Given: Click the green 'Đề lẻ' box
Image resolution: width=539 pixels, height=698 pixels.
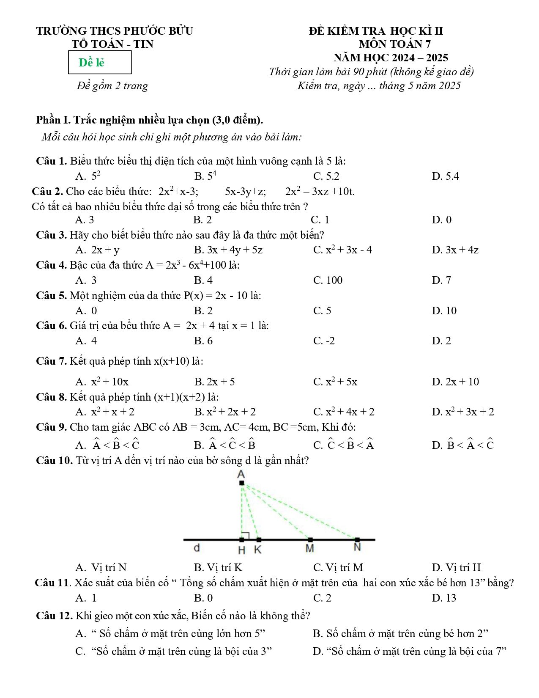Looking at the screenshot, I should coord(100,63).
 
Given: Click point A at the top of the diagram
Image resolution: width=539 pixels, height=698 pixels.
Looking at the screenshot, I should coord(241,483).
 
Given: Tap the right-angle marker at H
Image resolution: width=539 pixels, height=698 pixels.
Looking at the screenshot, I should coord(245,536).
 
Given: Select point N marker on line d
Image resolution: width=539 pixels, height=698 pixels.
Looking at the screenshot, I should coord(357,540).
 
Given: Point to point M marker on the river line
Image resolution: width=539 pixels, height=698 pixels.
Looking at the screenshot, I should coord(310,540).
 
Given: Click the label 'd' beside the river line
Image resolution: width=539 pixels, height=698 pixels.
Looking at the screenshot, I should coord(197,548).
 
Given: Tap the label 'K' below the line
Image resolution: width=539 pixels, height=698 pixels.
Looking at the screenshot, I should coord(258,550).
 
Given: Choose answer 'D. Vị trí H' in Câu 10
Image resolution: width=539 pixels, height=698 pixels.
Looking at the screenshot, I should coord(456,568).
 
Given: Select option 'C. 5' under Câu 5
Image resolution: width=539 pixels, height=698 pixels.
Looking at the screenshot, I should coord(322,311).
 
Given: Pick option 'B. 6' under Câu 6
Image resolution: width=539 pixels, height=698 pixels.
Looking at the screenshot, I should coord(203,341).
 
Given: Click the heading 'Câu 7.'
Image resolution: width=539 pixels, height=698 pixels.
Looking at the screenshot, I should coord(51,361).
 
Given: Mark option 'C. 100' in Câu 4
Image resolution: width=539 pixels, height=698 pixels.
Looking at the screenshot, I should coord(328,280).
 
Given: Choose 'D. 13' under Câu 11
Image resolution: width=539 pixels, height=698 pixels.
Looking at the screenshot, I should coord(444,598).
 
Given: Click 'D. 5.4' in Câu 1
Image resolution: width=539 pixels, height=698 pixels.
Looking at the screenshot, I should coord(445,176).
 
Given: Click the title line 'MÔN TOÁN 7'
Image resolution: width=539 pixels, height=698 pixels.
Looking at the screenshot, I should coord(394,44).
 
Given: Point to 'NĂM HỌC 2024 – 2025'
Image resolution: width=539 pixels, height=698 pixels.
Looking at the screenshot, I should coord(391,58).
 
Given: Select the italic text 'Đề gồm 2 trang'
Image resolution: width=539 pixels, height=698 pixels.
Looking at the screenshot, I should coord(112,86).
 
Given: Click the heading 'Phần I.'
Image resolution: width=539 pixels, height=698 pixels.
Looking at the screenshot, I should coord(53,120).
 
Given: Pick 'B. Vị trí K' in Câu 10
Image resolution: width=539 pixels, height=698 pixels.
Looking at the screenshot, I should coord(218,568).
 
